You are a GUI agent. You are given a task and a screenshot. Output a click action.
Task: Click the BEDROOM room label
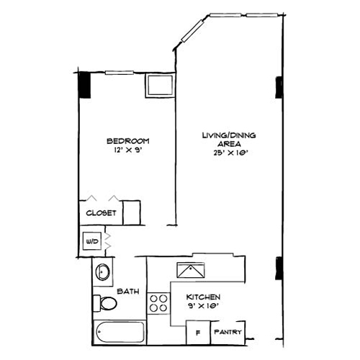(x=127, y=140)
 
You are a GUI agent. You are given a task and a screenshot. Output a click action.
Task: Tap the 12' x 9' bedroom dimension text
(x=127, y=150)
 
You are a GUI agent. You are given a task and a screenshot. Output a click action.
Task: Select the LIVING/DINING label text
(x=229, y=135)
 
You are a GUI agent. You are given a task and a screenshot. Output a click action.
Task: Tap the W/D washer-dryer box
(x=92, y=241)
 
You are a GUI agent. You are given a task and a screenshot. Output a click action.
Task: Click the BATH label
(x=128, y=291)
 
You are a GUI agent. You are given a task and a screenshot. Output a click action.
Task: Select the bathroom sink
(x=103, y=273)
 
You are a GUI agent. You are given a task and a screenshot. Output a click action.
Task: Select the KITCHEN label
(x=202, y=297)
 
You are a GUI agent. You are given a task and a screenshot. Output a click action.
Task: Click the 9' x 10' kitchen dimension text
(x=202, y=307)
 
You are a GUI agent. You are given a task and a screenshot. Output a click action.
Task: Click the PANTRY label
(x=228, y=333)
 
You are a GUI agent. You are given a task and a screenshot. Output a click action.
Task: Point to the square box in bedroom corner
(x=158, y=85)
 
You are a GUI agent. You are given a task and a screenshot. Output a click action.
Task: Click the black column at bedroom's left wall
(x=84, y=85)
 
